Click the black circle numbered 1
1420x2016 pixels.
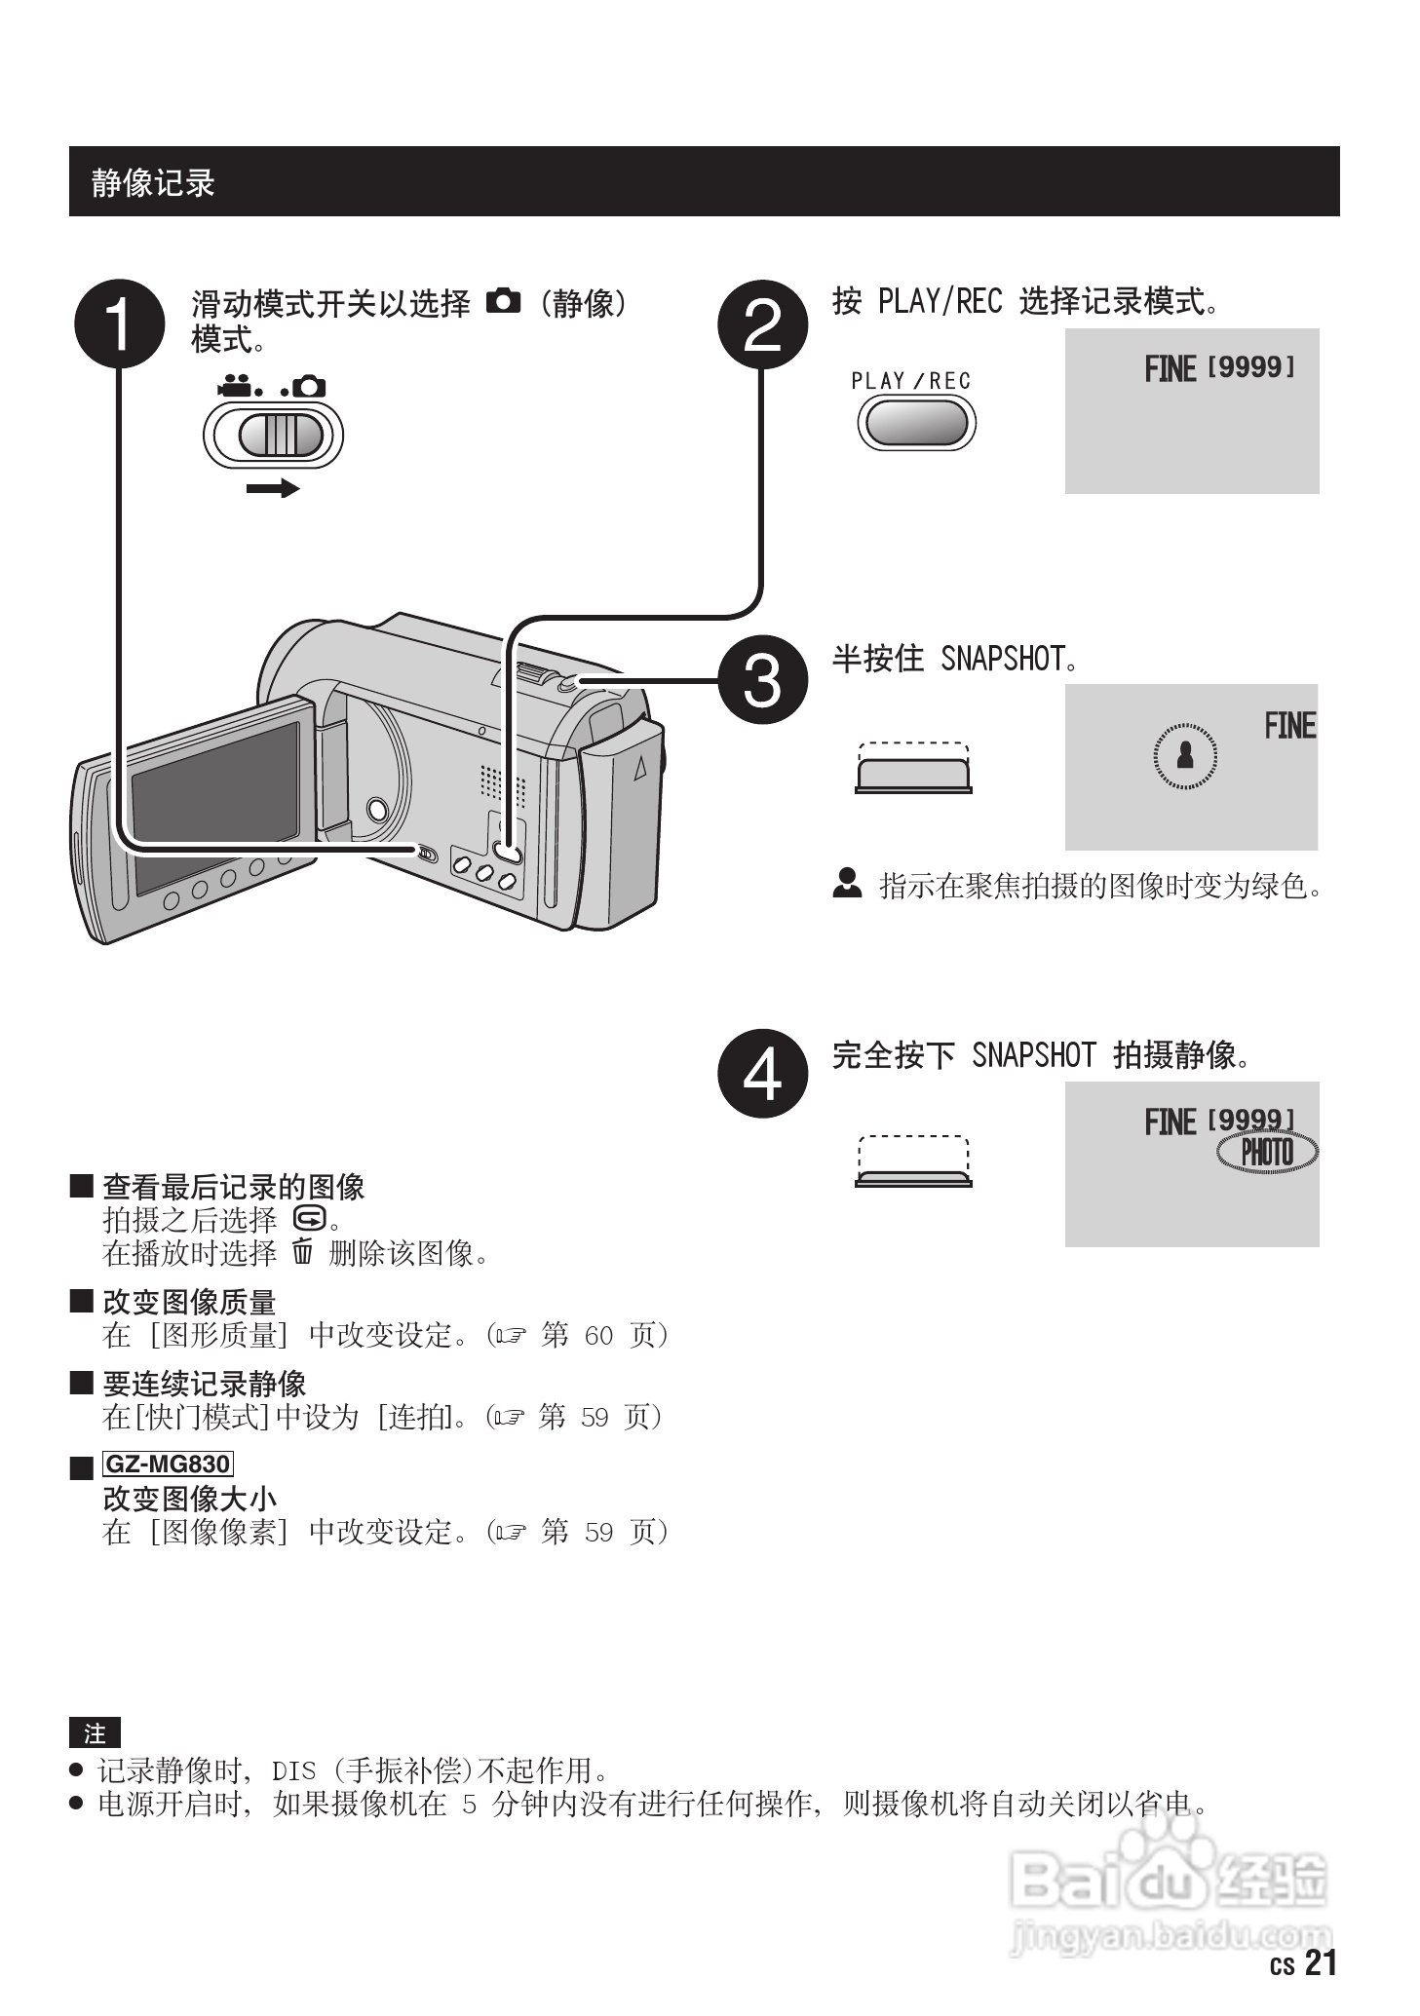click(119, 323)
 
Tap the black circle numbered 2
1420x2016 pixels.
click(762, 323)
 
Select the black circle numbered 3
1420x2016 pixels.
click(762, 679)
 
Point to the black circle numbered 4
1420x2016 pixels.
click(762, 1073)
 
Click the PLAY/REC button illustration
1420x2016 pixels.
click(915, 423)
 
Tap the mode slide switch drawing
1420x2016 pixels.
click(274, 435)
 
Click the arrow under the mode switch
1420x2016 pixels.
click(273, 488)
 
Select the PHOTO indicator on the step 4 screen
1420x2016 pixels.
click(1267, 1153)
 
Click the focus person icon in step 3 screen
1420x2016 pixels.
click(1185, 754)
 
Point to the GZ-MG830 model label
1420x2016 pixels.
click(168, 1464)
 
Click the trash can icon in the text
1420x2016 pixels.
click(303, 1251)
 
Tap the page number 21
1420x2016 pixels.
click(1321, 1962)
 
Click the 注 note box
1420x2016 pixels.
click(95, 1733)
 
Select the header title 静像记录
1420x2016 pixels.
click(153, 182)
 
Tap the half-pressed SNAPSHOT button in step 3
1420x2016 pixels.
click(913, 774)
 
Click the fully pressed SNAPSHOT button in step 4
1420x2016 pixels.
click(913, 1178)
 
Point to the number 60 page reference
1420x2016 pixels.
click(598, 1335)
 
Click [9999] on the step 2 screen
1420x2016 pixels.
click(1250, 367)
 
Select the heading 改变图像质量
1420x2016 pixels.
click(189, 1302)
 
